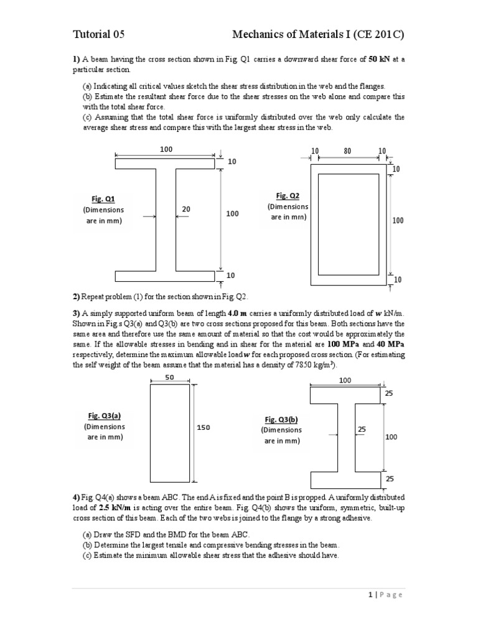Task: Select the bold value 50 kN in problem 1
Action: click(381, 60)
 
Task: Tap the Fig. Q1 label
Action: click(103, 199)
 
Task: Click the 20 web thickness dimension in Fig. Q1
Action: click(186, 210)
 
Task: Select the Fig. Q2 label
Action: click(288, 195)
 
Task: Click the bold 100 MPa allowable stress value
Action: click(342, 344)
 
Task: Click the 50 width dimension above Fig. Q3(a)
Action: click(169, 377)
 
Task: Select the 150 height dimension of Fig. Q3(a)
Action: click(204, 427)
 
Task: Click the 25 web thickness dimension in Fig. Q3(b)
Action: click(363, 429)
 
